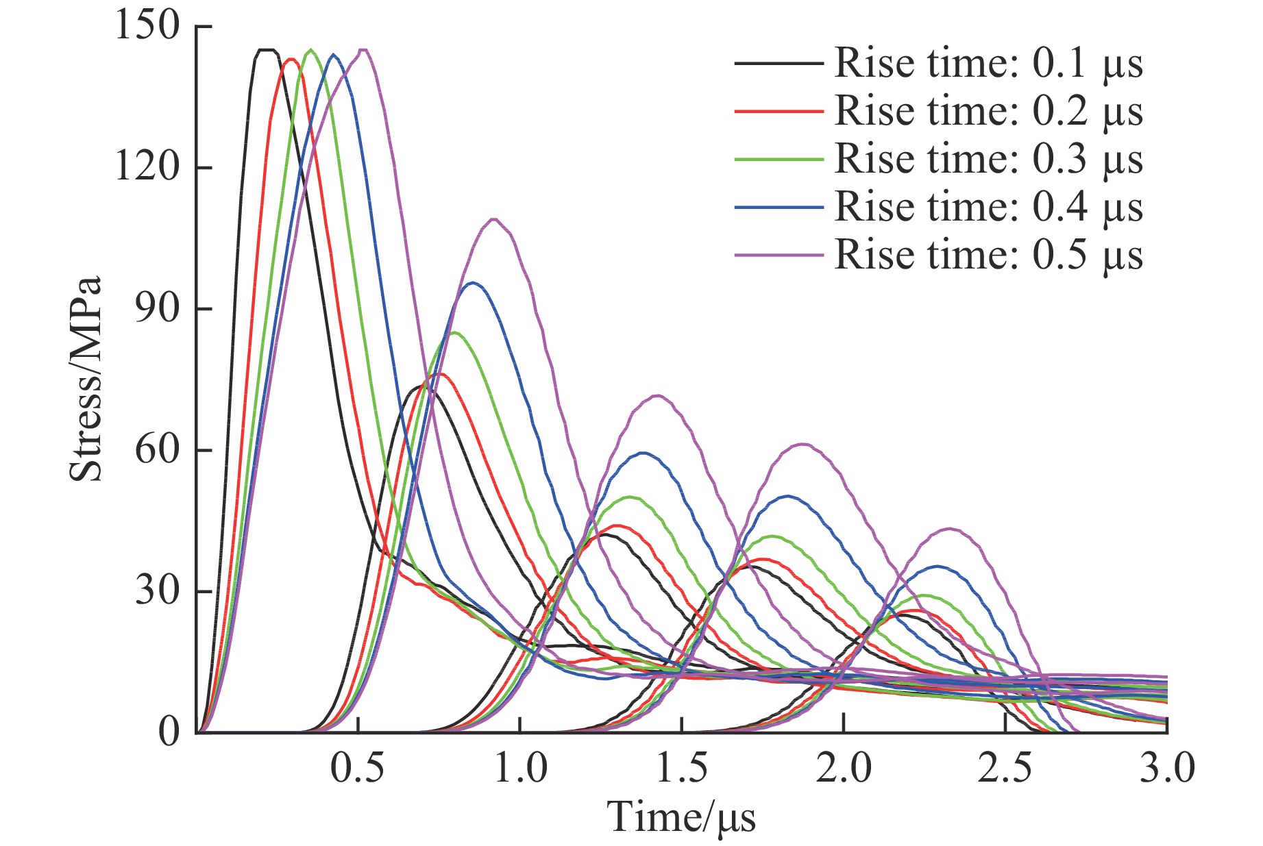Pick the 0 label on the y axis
169,732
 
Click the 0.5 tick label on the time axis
358,769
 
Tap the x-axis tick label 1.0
520,769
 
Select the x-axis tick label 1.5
682,769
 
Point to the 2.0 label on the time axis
844,769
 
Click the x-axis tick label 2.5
1005,769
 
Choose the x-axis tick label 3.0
1167,769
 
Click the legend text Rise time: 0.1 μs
988,64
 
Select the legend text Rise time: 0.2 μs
988,112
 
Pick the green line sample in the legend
778,160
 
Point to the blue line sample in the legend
778,207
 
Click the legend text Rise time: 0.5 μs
988,255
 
